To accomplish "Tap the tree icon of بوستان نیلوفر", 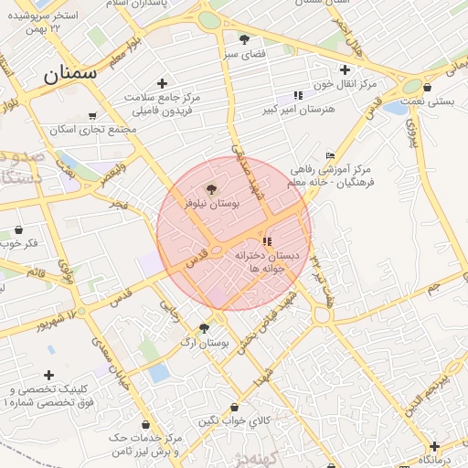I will click(x=212, y=190).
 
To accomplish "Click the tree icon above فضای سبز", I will click(x=244, y=39).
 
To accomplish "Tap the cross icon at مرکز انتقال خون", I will click(x=345, y=69).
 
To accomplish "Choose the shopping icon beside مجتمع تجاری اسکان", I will click(x=92, y=115).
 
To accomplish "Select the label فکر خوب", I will click(x=20, y=243).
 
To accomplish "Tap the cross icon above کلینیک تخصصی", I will click(x=48, y=375).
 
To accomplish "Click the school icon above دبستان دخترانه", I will click(x=267, y=241).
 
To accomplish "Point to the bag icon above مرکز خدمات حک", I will click(x=146, y=424).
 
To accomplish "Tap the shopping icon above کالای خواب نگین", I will click(x=235, y=407).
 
